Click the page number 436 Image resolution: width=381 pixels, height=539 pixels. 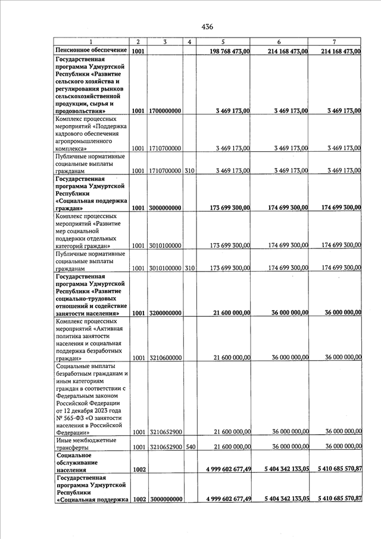[207, 27]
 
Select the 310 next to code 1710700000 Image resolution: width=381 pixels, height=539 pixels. [189, 171]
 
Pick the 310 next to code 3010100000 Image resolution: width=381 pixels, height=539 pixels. [189, 268]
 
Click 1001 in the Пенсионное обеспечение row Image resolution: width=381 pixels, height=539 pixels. [138, 51]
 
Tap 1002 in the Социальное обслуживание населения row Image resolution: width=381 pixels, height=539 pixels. [139, 470]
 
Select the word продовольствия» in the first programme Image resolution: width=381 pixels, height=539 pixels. [81, 111]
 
